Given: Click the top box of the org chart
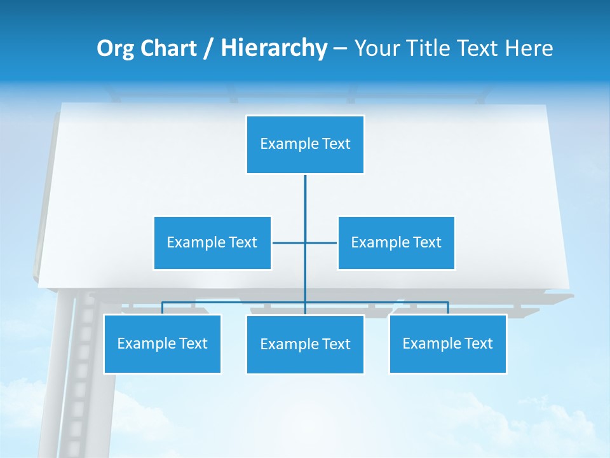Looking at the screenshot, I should [305, 144].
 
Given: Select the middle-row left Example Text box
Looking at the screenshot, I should [212, 242].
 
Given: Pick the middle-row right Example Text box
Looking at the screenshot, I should [396, 242].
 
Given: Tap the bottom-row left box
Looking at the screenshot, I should [162, 343].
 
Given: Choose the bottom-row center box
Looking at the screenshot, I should [305, 344].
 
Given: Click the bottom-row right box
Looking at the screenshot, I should [447, 343].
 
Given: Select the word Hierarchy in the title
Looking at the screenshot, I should [273, 48].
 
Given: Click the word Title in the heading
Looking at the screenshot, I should [433, 48].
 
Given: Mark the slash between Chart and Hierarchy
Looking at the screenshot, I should [208, 48].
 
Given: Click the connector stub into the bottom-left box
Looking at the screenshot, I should [162, 308].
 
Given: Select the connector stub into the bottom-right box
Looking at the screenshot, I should [448, 308].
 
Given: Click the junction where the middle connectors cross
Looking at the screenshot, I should [305, 242].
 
